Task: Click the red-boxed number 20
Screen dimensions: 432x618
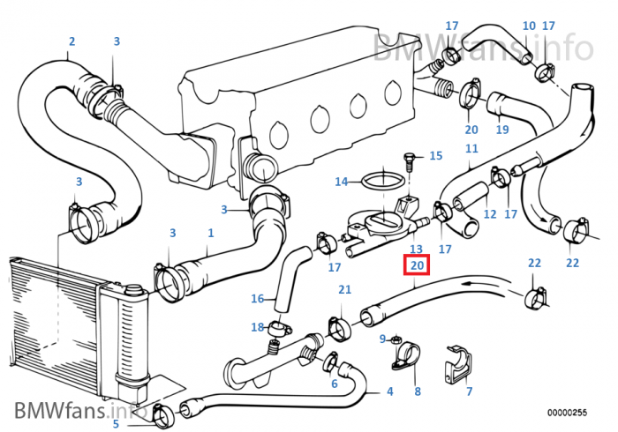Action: pyautogui.click(x=417, y=265)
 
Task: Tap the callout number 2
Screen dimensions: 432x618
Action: pyautogui.click(x=72, y=41)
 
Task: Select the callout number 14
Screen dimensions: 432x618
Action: pyautogui.click(x=341, y=182)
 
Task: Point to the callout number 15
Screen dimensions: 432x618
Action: pyautogui.click(x=435, y=156)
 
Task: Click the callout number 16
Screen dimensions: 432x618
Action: pyautogui.click(x=257, y=298)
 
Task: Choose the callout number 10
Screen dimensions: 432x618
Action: pyautogui.click(x=529, y=26)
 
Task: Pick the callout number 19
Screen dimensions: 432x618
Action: pyautogui.click(x=501, y=130)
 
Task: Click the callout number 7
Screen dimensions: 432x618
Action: pyautogui.click(x=469, y=391)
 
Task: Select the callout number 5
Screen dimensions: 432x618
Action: pyautogui.click(x=115, y=424)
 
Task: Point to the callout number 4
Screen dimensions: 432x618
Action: pyautogui.click(x=389, y=391)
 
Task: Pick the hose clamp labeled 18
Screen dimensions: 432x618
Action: pyautogui.click(x=280, y=329)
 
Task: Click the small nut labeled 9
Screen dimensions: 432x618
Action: pyautogui.click(x=396, y=339)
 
